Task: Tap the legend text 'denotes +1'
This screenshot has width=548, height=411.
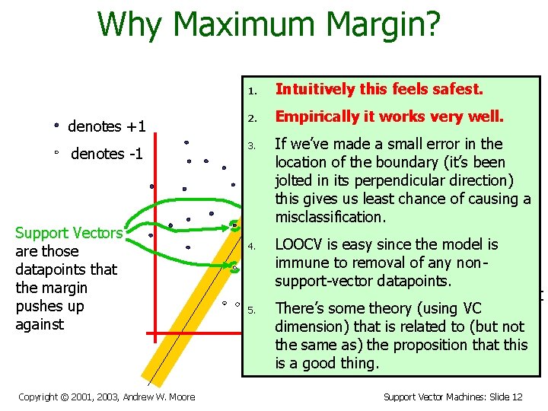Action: tap(107, 126)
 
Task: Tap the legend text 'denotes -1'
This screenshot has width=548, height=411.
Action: tap(107, 154)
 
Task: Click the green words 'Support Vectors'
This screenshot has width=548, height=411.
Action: tap(68, 233)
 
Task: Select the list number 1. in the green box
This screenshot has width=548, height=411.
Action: tap(253, 91)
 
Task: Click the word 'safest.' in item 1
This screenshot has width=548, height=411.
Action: tap(457, 89)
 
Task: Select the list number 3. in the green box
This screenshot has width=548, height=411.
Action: tap(253, 145)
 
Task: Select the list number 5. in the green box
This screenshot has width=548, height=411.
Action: tap(253, 310)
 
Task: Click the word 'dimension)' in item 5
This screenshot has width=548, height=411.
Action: tap(310, 327)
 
